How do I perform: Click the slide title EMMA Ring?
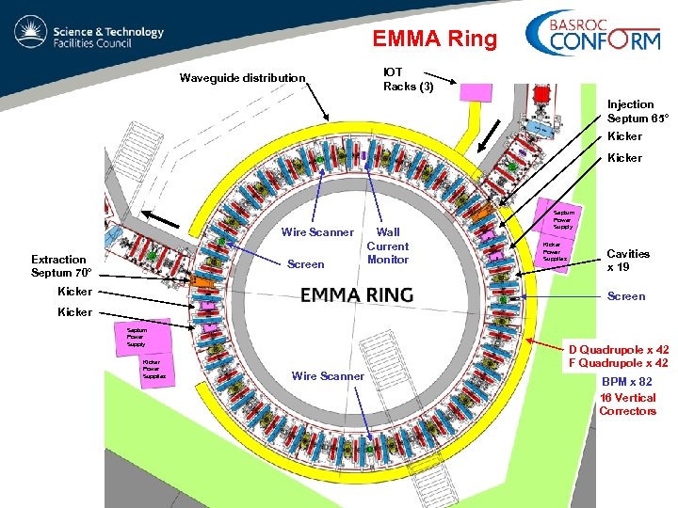pyautogui.click(x=433, y=39)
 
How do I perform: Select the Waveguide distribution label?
pyautogui.click(x=243, y=78)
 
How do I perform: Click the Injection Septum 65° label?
pyautogui.click(x=638, y=111)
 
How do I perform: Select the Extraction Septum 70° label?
pyautogui.click(x=61, y=266)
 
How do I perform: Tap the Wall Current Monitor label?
pyautogui.click(x=388, y=246)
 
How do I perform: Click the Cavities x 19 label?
pyautogui.click(x=628, y=261)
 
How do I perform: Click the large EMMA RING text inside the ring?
pyautogui.click(x=357, y=294)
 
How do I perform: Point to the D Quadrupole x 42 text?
pyautogui.click(x=619, y=350)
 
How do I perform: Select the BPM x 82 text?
pyautogui.click(x=627, y=382)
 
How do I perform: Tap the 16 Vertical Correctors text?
pyautogui.click(x=627, y=404)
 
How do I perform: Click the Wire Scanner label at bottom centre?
pyautogui.click(x=328, y=376)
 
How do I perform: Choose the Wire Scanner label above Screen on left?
pyautogui.click(x=317, y=232)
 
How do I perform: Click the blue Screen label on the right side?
pyautogui.click(x=626, y=296)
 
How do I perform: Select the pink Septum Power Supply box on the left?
pyautogui.click(x=140, y=337)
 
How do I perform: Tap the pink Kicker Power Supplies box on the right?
pyautogui.click(x=554, y=251)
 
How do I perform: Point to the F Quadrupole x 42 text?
pyautogui.click(x=619, y=363)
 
